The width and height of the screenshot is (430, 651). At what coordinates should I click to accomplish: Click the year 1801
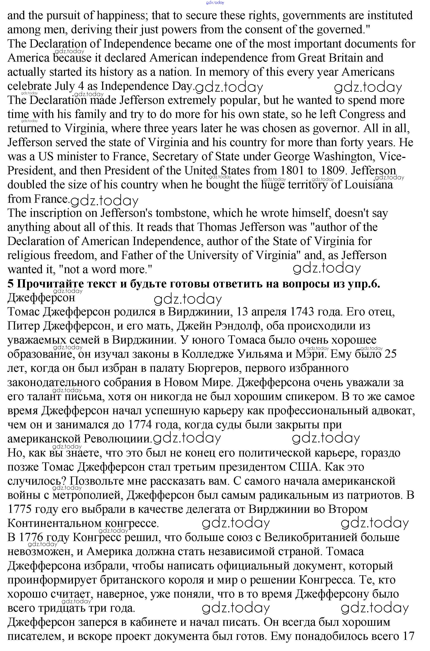pyautogui.click(x=292, y=171)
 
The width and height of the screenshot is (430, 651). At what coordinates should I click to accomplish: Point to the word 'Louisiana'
pyautogui.click(x=368, y=185)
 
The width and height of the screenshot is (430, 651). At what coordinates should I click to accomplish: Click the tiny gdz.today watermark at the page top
pyautogui.click(x=215, y=3)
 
